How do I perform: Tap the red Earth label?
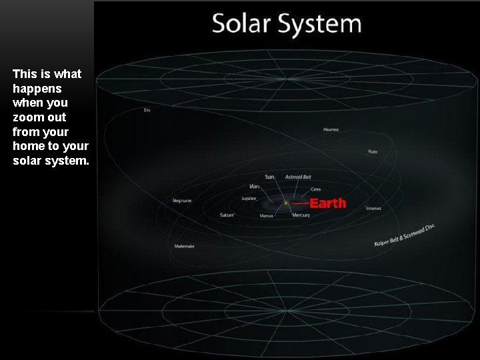[x=328, y=203]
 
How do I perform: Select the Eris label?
[x=147, y=110]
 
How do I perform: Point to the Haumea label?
[x=331, y=129]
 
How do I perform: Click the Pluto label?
[x=373, y=152]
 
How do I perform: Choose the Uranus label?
[x=373, y=208]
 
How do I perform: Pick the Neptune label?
[x=182, y=200]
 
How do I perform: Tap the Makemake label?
[x=185, y=246]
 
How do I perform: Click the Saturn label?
[x=227, y=215]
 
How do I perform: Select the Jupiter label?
[x=249, y=199]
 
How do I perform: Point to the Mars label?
[x=254, y=186]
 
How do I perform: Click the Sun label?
[x=269, y=177]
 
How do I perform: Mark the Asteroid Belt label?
[x=298, y=177]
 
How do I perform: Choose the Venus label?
[x=266, y=215]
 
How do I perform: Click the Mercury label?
[x=301, y=215]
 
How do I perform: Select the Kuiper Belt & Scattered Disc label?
[x=404, y=235]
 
